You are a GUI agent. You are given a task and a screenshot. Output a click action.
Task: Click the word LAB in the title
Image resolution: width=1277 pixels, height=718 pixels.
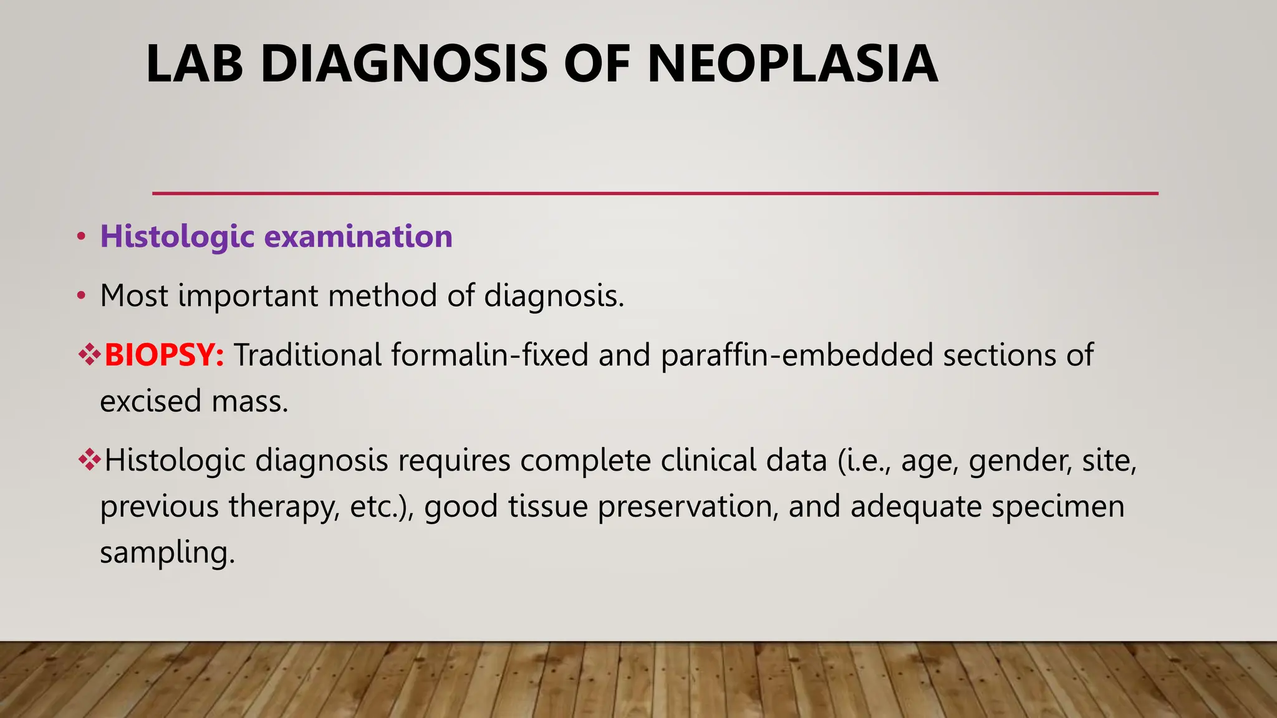[194, 64]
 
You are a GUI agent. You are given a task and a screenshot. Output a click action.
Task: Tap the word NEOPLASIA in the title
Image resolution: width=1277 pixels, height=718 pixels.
[793, 64]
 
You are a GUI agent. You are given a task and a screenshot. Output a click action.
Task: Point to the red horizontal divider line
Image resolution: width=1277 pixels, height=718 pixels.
[655, 193]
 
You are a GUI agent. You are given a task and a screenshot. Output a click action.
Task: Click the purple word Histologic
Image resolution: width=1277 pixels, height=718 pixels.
[177, 236]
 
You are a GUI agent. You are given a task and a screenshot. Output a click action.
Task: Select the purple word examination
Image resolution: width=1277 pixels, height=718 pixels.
[359, 236]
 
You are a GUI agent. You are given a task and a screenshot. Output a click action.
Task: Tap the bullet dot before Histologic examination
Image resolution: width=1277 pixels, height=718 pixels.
[80, 237]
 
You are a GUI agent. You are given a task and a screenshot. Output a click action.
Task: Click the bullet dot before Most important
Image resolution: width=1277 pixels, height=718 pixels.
[80, 296]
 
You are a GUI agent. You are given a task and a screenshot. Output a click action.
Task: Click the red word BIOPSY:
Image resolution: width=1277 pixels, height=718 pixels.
[164, 355]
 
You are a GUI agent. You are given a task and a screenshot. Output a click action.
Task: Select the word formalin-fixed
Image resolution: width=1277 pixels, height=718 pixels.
[489, 355]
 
